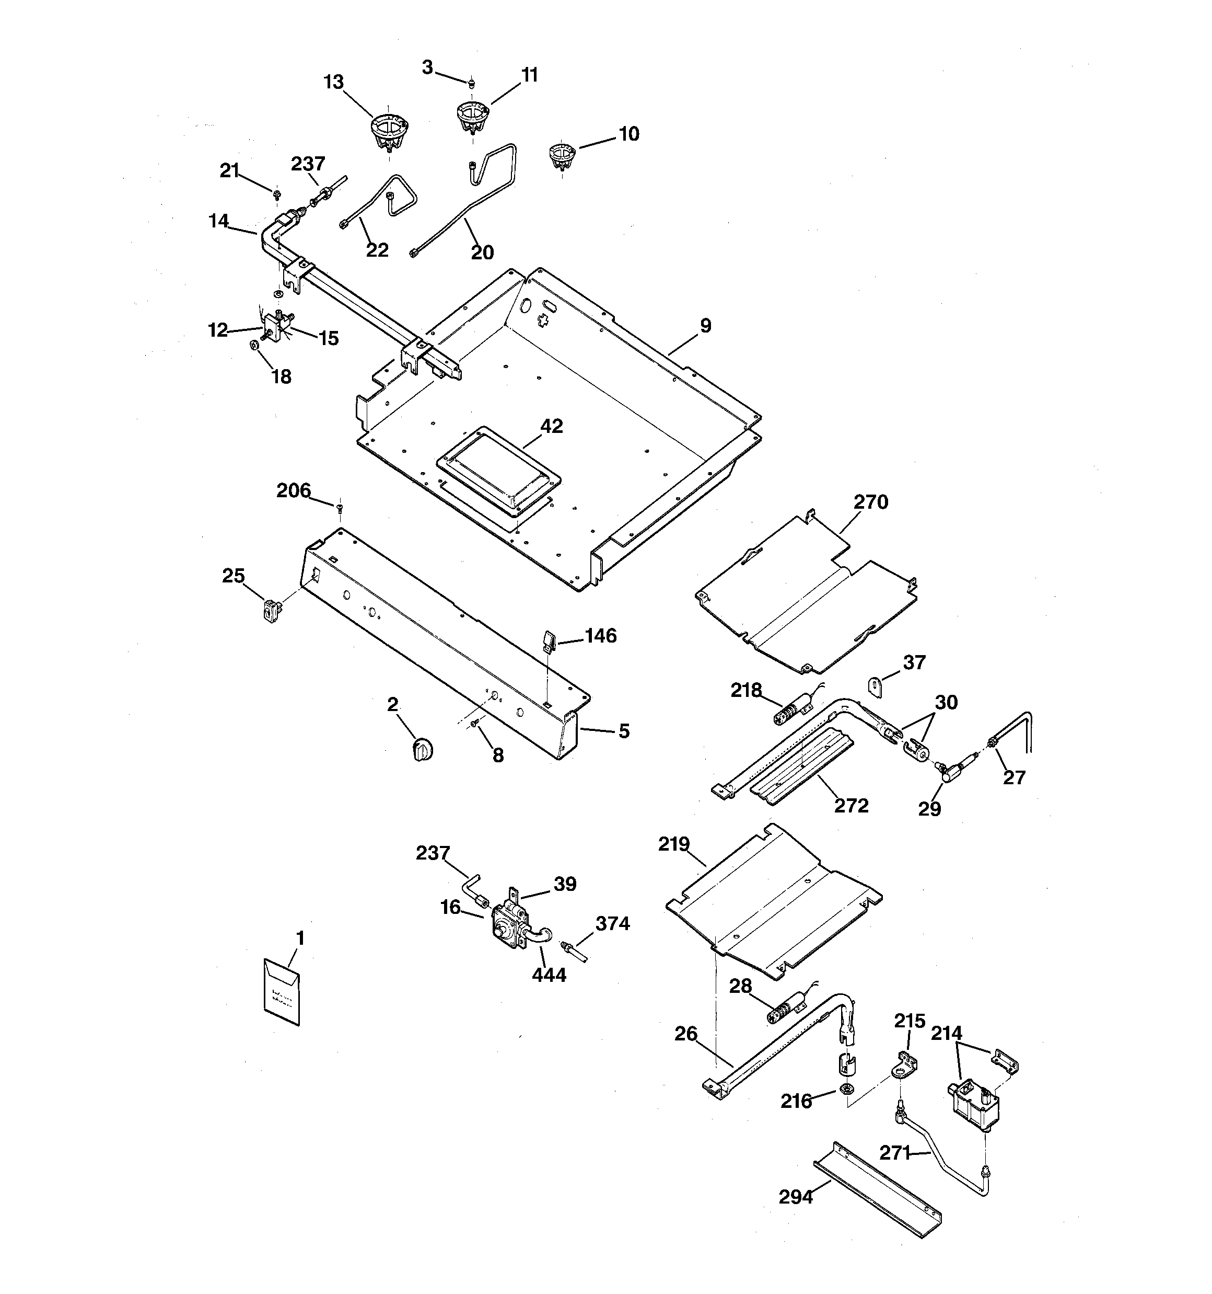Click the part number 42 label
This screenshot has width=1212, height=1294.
pyautogui.click(x=551, y=426)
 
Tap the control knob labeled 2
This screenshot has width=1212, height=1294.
pyautogui.click(x=423, y=749)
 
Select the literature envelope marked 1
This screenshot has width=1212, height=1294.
pyautogui.click(x=282, y=991)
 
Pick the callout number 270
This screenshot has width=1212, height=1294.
pyautogui.click(x=870, y=502)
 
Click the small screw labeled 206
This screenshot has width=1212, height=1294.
pyautogui.click(x=340, y=507)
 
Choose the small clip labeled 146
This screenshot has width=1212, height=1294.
pyautogui.click(x=548, y=640)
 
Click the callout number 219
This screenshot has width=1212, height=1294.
pyautogui.click(x=673, y=844)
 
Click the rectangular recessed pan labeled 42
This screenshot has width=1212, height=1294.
pyautogui.click(x=498, y=465)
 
